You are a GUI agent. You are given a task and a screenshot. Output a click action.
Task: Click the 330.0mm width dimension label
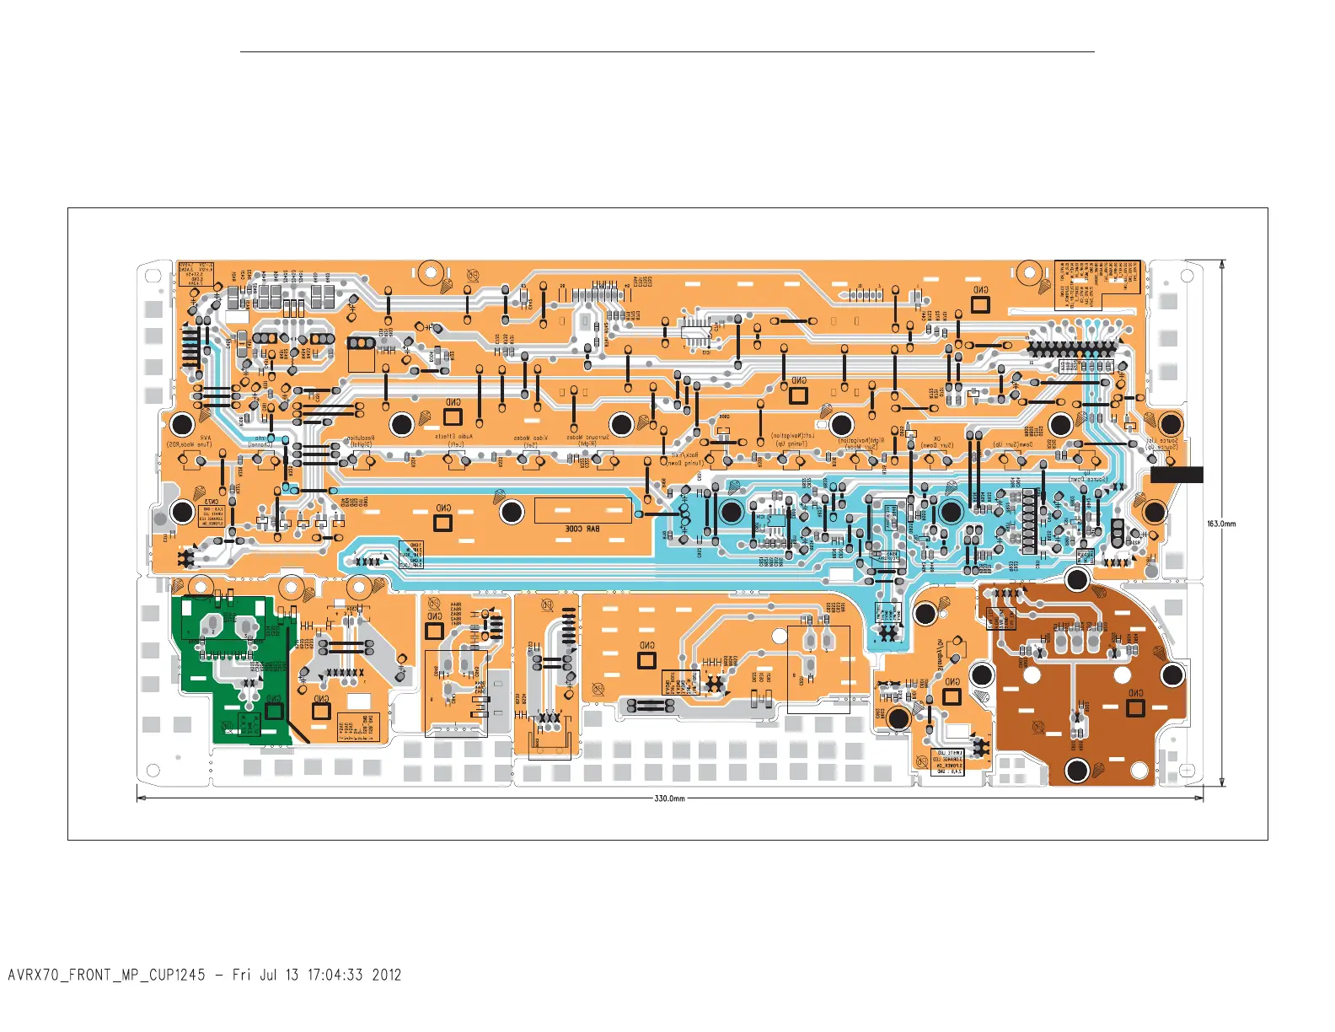670,798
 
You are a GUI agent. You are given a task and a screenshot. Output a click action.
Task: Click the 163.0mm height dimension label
1221,524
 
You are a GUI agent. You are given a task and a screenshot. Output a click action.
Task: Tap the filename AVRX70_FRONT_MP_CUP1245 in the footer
106,976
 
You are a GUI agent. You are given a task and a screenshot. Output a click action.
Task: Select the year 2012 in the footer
387,976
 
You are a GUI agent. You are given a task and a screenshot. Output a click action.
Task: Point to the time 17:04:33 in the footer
335,976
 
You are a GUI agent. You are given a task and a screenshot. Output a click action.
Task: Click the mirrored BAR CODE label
582,529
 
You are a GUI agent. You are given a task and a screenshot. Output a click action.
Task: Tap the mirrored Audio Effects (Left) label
454,440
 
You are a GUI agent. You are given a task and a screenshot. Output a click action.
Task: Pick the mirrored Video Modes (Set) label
531,441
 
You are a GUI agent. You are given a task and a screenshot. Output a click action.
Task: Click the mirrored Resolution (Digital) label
361,441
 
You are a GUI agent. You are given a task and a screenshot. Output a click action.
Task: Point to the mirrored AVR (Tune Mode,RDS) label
190,441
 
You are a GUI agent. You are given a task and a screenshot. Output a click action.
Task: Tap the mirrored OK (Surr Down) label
936,441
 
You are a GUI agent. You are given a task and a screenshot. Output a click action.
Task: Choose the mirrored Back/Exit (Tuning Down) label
683,459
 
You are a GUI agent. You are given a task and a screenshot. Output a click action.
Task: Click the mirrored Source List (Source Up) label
1162,443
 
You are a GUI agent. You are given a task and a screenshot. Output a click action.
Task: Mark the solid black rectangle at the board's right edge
1177,475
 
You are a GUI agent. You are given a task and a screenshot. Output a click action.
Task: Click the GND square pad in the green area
274,711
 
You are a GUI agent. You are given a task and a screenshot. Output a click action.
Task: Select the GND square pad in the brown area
1135,707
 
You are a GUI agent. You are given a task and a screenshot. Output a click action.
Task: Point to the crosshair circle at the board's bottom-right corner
1187,771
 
